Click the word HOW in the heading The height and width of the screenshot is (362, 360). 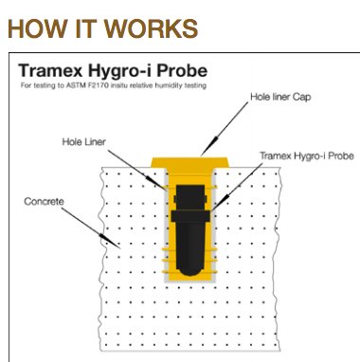(x=37, y=28)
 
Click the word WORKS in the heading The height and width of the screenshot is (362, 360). (x=151, y=28)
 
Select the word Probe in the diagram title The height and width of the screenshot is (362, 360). (x=182, y=70)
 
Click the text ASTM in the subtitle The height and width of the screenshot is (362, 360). (x=74, y=85)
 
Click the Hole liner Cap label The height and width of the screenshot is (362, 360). (x=280, y=97)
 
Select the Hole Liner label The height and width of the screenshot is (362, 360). (x=83, y=142)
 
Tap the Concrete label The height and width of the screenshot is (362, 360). (x=44, y=202)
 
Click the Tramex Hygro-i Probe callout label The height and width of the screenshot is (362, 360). (x=306, y=156)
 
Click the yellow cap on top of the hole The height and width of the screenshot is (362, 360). (x=190, y=162)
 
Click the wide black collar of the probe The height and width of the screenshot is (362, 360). (x=190, y=216)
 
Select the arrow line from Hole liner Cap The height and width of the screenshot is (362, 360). (x=225, y=129)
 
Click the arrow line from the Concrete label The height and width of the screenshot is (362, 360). (x=91, y=228)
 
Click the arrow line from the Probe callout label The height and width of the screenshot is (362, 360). (x=237, y=187)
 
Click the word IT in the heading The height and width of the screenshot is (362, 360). (x=85, y=28)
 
